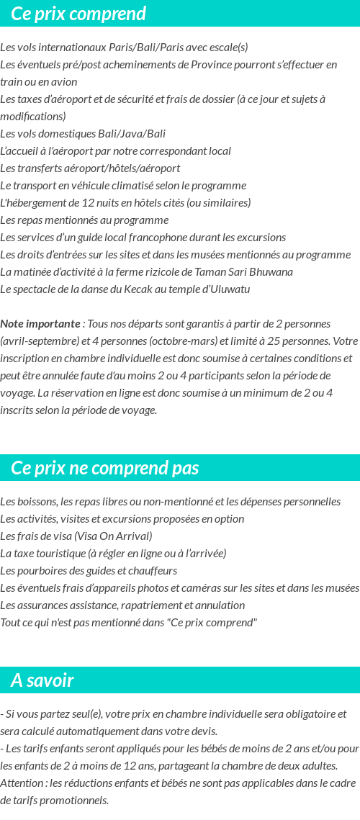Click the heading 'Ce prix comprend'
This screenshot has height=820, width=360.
click(78, 14)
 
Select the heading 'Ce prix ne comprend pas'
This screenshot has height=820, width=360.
click(104, 468)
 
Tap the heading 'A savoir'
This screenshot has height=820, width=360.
click(42, 680)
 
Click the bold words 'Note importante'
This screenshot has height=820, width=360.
click(40, 324)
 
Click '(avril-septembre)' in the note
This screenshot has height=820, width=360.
click(36, 341)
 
